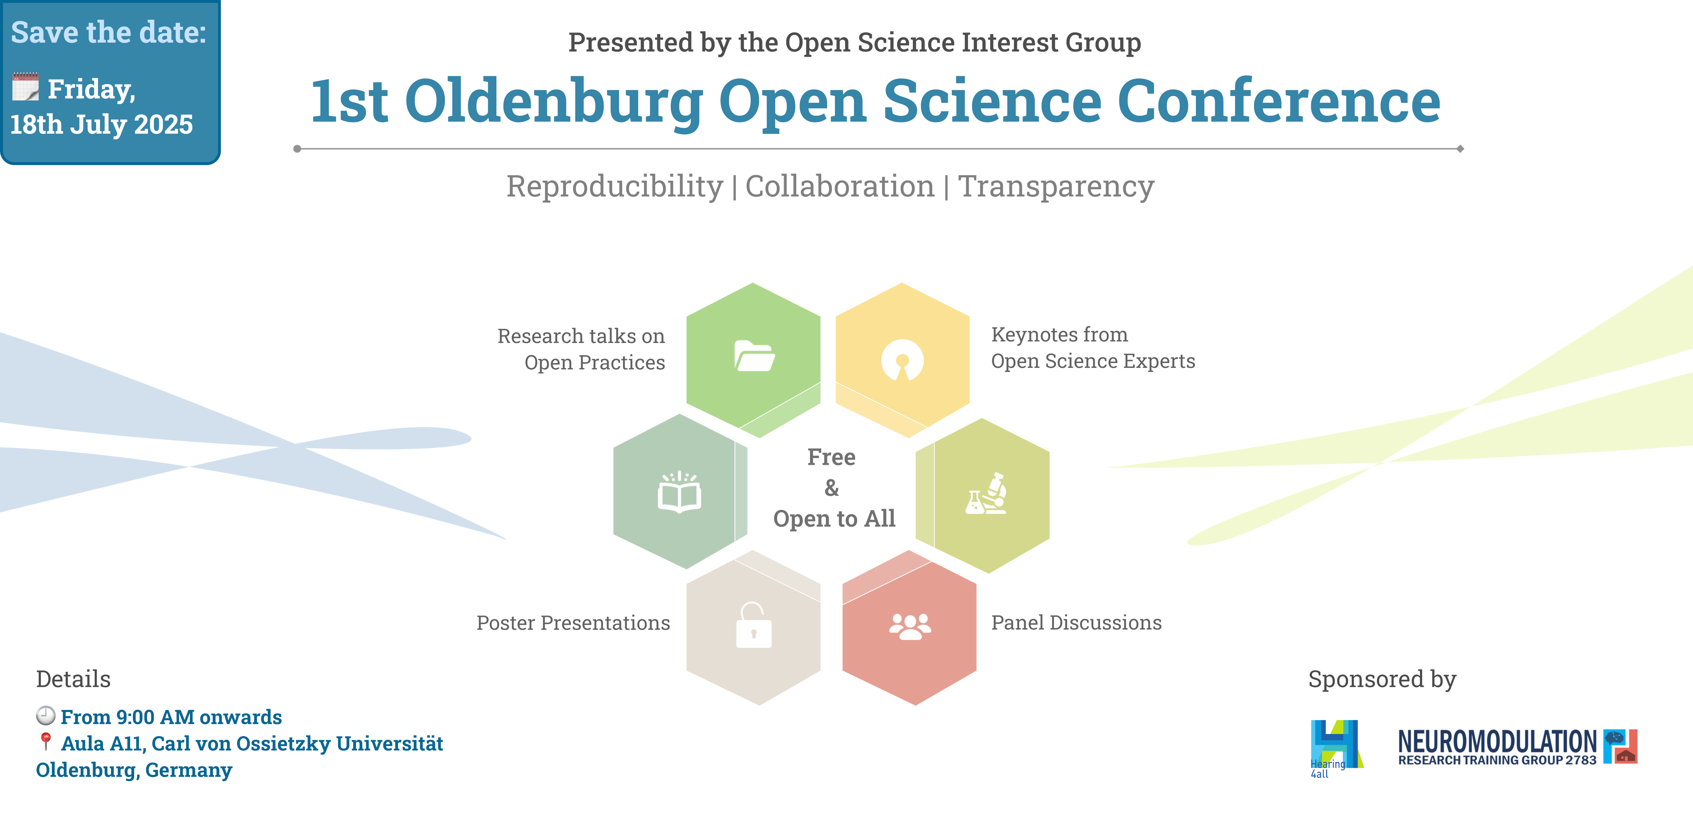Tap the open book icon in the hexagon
[679, 492]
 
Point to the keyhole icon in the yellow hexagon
[903, 360]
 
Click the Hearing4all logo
[1337, 748]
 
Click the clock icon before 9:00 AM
[45, 715]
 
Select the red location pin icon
[45, 741]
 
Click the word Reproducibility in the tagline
[615, 186]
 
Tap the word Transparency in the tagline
[1056, 186]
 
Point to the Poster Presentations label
[573, 622]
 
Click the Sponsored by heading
[1382, 679]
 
